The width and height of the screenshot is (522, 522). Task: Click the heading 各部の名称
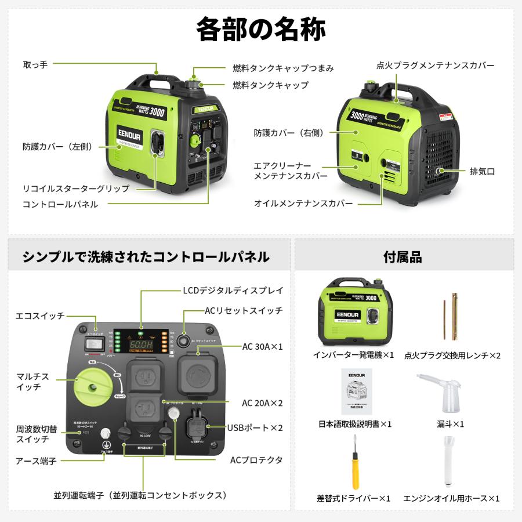[260, 29]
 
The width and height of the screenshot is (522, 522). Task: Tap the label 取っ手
[35, 64]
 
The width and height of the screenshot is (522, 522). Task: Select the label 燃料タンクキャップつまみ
[283, 68]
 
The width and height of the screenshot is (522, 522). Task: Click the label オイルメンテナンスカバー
[303, 204]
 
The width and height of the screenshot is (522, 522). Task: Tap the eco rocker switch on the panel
[94, 346]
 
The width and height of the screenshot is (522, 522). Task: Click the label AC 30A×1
[262, 346]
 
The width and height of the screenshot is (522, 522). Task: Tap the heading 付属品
[403, 256]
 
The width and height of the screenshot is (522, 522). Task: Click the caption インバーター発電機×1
[354, 354]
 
